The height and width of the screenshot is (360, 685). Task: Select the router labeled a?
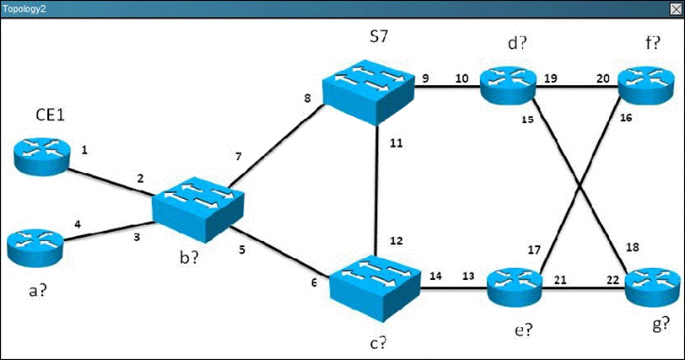click(35, 244)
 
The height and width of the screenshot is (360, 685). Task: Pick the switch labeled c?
click(373, 285)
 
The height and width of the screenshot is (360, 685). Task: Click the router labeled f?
click(647, 83)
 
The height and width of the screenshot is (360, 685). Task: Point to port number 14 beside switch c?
click(434, 276)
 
